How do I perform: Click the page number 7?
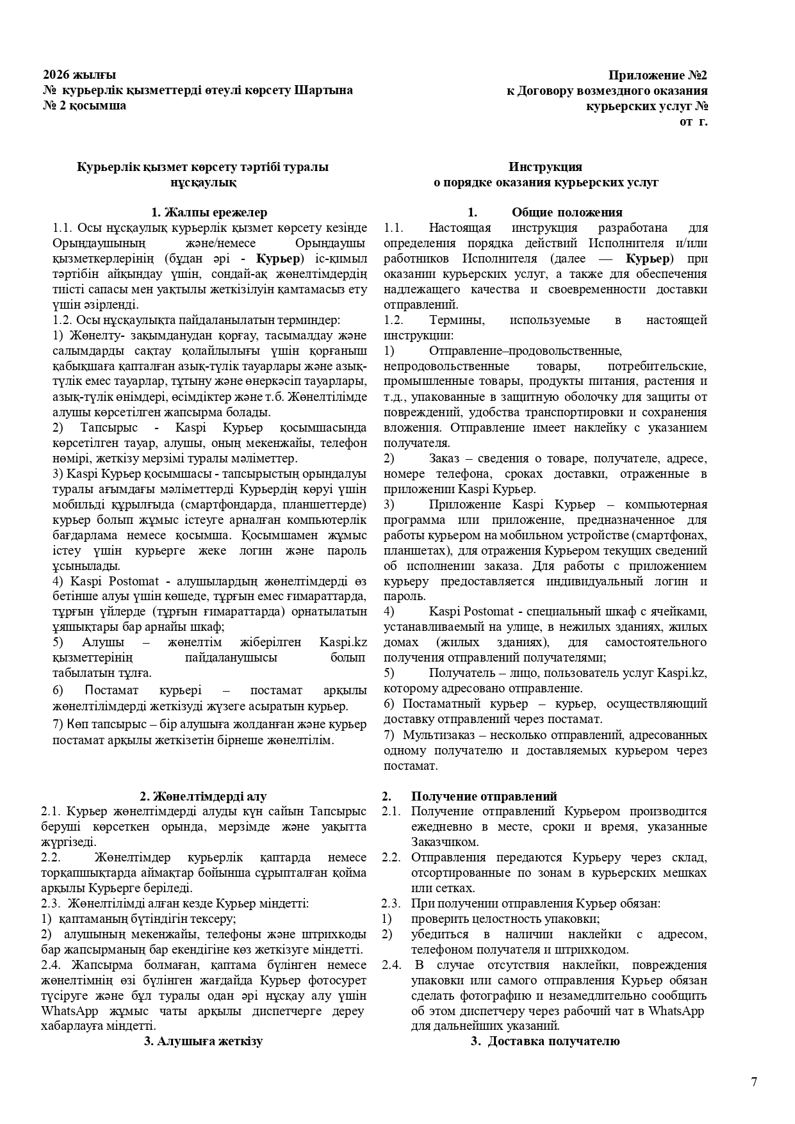754,1082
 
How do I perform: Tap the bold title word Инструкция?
545,167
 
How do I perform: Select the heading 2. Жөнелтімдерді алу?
203,796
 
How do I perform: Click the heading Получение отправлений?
484,796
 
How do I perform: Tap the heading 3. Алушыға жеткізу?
203,1041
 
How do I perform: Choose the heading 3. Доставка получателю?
545,1041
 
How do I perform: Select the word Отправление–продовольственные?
525,351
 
